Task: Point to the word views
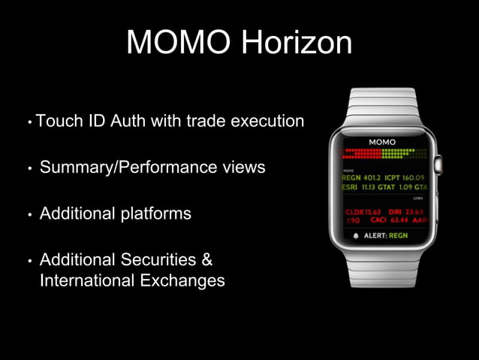239,167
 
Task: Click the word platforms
152,213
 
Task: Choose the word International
86,281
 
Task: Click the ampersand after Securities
208,260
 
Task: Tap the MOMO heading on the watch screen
383,141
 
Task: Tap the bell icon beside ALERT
356,235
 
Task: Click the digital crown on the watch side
439,161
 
